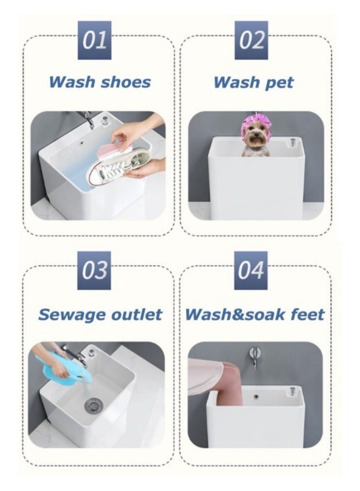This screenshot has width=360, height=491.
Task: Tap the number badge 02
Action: pos(251,40)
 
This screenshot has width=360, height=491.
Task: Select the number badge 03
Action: pos(95,270)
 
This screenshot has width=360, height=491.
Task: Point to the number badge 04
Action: pos(251,270)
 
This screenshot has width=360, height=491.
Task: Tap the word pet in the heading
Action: pos(279,83)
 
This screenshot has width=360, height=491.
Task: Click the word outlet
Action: pos(137,315)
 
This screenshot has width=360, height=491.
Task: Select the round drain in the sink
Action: pos(93,404)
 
